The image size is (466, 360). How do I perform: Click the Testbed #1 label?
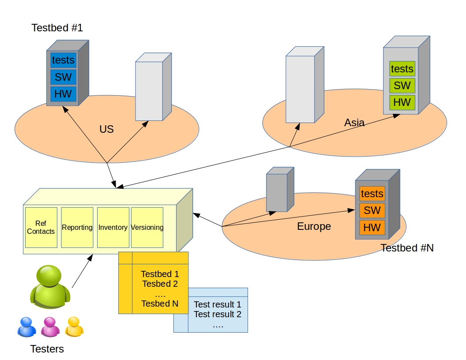tap(57, 28)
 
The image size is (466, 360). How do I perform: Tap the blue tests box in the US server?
tap(63, 60)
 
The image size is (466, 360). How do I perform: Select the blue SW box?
tap(63, 77)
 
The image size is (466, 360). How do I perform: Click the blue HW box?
tap(63, 94)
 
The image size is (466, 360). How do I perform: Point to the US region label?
tap(106, 129)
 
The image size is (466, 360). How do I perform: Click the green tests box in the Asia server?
tap(402, 69)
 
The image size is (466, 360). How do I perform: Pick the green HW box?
tap(402, 102)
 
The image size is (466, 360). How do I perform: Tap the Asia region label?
tap(354, 123)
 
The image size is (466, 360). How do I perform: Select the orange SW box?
tap(372, 210)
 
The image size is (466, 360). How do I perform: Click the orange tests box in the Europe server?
tap(372, 194)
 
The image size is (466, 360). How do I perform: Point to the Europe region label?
tap(314, 227)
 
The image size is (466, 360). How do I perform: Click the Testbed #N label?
tap(407, 248)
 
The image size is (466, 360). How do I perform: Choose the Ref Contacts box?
tap(41, 227)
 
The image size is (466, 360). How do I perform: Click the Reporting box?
tap(77, 227)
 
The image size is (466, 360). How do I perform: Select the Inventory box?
tap(113, 227)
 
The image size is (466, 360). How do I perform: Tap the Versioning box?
tap(147, 227)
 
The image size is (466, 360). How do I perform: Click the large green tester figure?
tap(50, 286)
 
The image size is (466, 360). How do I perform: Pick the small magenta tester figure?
tap(50, 327)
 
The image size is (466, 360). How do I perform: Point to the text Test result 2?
tap(218, 315)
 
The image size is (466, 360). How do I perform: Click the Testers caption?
tap(47, 349)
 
